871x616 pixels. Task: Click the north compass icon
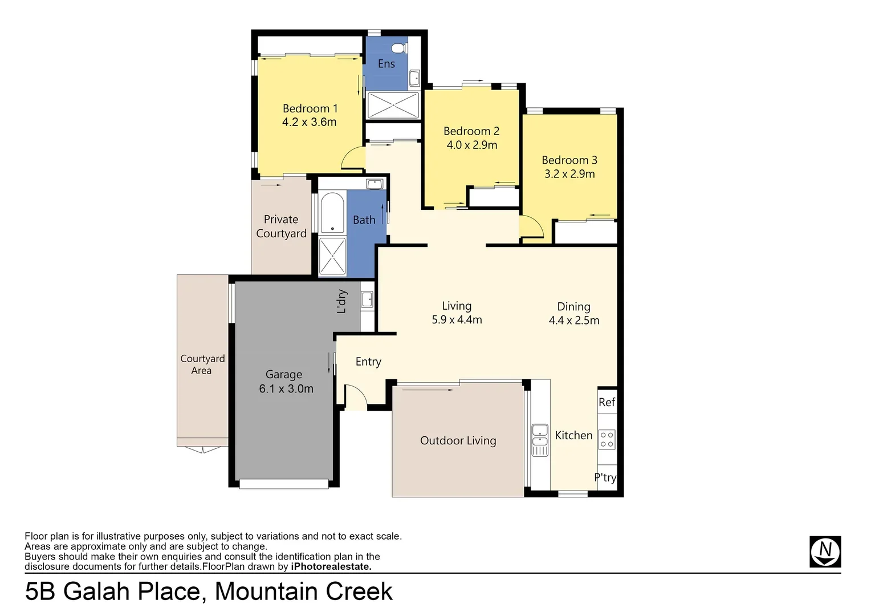click(825, 552)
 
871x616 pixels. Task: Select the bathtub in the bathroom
click(332, 213)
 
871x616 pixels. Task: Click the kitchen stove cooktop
click(607, 439)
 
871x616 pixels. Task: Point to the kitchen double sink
click(539, 439)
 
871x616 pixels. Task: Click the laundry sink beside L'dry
click(367, 299)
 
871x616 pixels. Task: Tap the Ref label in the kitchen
click(607, 402)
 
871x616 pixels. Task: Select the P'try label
click(605, 477)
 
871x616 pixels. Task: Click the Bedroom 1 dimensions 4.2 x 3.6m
click(309, 122)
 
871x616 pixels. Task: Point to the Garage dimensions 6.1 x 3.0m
click(286, 389)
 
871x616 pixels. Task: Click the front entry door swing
click(355, 397)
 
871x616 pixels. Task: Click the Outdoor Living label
click(458, 440)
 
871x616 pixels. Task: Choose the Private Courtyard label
click(281, 226)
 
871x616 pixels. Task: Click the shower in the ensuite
click(393, 106)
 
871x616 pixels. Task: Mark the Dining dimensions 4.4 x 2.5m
click(573, 321)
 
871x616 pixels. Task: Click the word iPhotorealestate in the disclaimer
click(331, 566)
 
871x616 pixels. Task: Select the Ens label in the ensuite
click(386, 64)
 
